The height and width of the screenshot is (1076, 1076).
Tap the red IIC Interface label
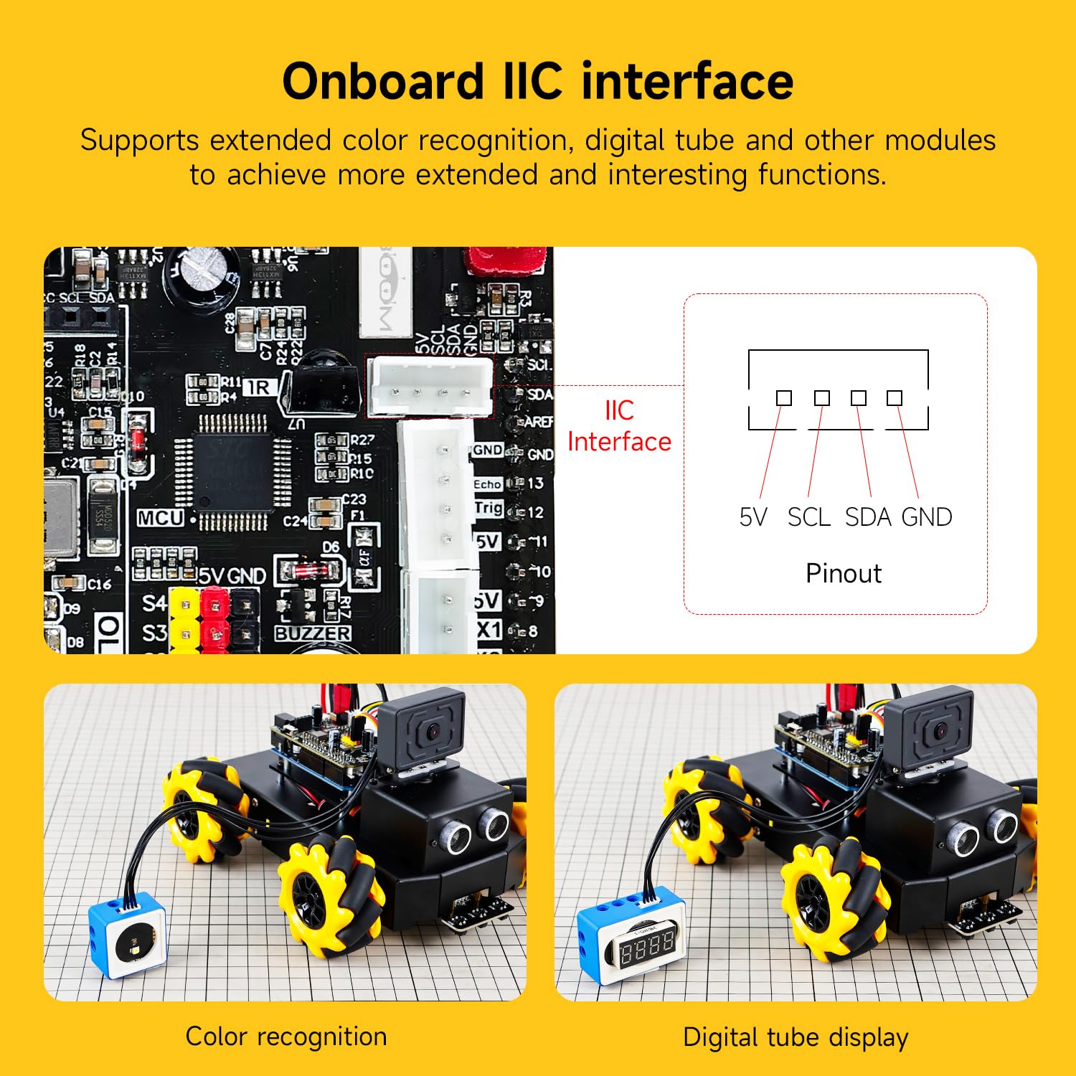tap(619, 426)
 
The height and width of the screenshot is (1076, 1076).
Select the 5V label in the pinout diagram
tap(753, 516)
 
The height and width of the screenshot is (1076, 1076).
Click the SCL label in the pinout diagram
tap(808, 516)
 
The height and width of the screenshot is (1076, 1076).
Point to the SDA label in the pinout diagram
tap(868, 516)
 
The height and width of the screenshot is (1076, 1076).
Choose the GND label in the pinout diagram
tap(927, 516)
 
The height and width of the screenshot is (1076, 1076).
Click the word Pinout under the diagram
tap(844, 573)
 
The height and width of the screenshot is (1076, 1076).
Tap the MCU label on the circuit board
tap(161, 518)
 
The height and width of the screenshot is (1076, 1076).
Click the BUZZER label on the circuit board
tap(313, 633)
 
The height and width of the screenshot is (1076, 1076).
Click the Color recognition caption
tap(285, 1037)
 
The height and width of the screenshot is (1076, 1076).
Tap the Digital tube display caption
tap(796, 1037)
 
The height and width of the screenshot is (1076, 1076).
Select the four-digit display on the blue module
tap(647, 948)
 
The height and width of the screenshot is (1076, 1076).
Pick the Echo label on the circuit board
tap(487, 484)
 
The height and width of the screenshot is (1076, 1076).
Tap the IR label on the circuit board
tap(258, 387)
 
